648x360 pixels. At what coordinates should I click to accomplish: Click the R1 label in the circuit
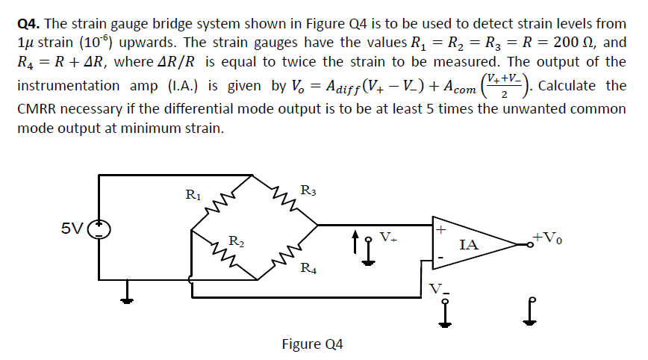point(191,196)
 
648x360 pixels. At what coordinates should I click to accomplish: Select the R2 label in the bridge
point(235,240)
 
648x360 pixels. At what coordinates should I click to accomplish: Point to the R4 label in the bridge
point(307,269)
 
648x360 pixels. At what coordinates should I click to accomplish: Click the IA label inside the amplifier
point(469,243)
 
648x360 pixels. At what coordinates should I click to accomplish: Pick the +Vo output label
point(549,238)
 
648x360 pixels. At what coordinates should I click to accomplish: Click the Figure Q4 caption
point(312,344)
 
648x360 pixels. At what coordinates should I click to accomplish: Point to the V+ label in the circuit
point(388,238)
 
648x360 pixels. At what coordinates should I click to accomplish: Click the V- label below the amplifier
point(440,288)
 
